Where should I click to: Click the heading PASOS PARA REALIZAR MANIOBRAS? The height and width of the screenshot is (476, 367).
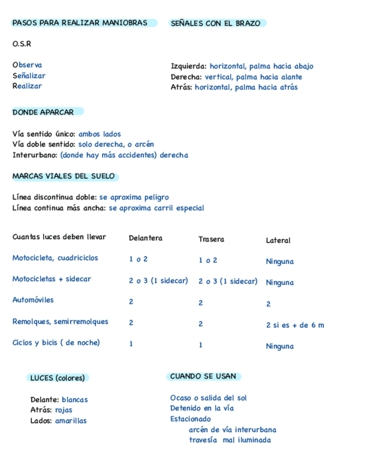tap(80, 23)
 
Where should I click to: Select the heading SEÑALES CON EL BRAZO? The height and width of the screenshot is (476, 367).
tap(215, 24)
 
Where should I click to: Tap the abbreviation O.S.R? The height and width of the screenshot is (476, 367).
tap(22, 44)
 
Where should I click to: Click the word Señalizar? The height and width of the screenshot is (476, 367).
tap(29, 76)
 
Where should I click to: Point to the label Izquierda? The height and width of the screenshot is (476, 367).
tap(189, 66)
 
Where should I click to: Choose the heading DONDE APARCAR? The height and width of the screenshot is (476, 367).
tap(43, 112)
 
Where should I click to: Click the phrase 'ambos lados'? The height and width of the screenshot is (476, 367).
tap(100, 134)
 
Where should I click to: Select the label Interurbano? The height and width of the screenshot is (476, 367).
tap(35, 155)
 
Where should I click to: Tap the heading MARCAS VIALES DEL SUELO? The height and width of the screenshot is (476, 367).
tap(63, 176)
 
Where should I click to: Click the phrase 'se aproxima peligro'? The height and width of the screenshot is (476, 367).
tap(134, 198)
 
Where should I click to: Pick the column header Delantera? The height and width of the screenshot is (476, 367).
tap(146, 238)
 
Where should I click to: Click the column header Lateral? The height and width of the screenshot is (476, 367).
tap(278, 240)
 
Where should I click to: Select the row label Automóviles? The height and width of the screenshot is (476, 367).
tap(33, 300)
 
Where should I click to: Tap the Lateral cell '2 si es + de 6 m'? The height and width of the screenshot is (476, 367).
tap(295, 325)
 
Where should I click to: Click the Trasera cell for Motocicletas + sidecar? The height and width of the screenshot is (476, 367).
tap(227, 281)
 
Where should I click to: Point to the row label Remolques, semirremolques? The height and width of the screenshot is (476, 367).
tap(61, 322)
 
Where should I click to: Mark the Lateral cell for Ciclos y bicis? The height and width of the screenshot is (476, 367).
tap(280, 346)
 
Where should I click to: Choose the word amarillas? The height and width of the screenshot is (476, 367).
tap(71, 420)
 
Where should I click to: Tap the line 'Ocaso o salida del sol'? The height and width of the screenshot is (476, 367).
tap(208, 398)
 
